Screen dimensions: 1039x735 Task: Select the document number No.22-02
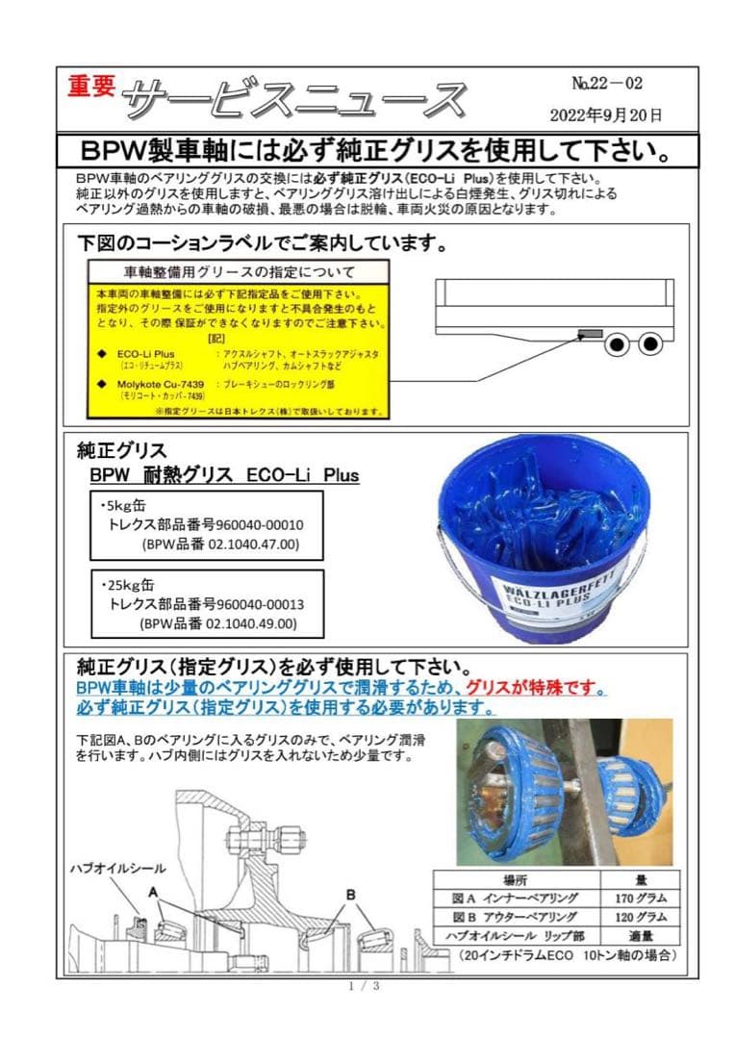606,84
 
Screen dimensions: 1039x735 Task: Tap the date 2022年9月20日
606,115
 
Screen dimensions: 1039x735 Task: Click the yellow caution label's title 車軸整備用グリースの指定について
240,271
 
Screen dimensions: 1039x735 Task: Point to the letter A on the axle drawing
153,892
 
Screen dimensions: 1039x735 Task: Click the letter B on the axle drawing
350,894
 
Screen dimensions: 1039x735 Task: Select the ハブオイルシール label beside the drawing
117,868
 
